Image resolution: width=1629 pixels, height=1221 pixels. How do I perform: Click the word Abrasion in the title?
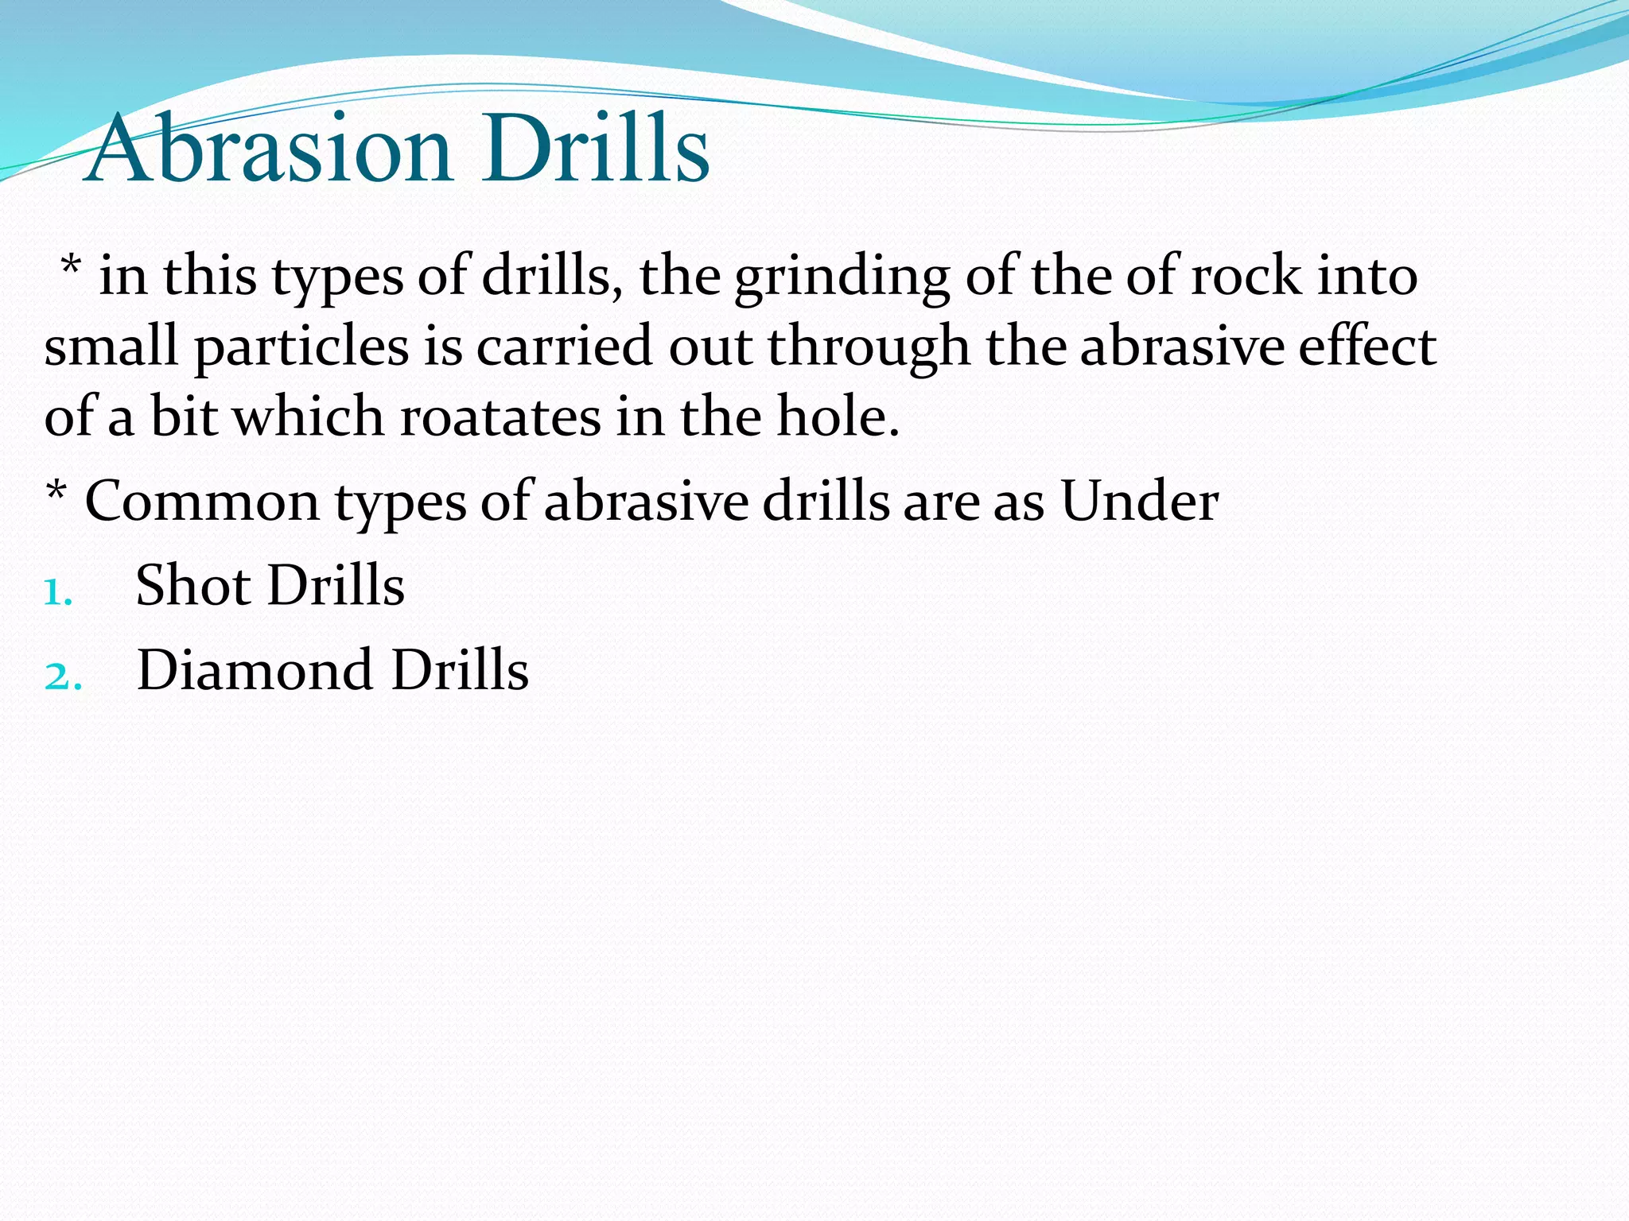[269, 149]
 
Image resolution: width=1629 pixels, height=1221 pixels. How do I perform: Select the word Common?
[202, 502]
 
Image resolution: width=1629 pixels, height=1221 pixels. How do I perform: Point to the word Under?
[1139, 502]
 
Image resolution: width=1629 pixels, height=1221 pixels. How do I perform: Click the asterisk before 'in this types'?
[71, 266]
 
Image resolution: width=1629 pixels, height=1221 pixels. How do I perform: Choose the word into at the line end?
[1367, 277]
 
